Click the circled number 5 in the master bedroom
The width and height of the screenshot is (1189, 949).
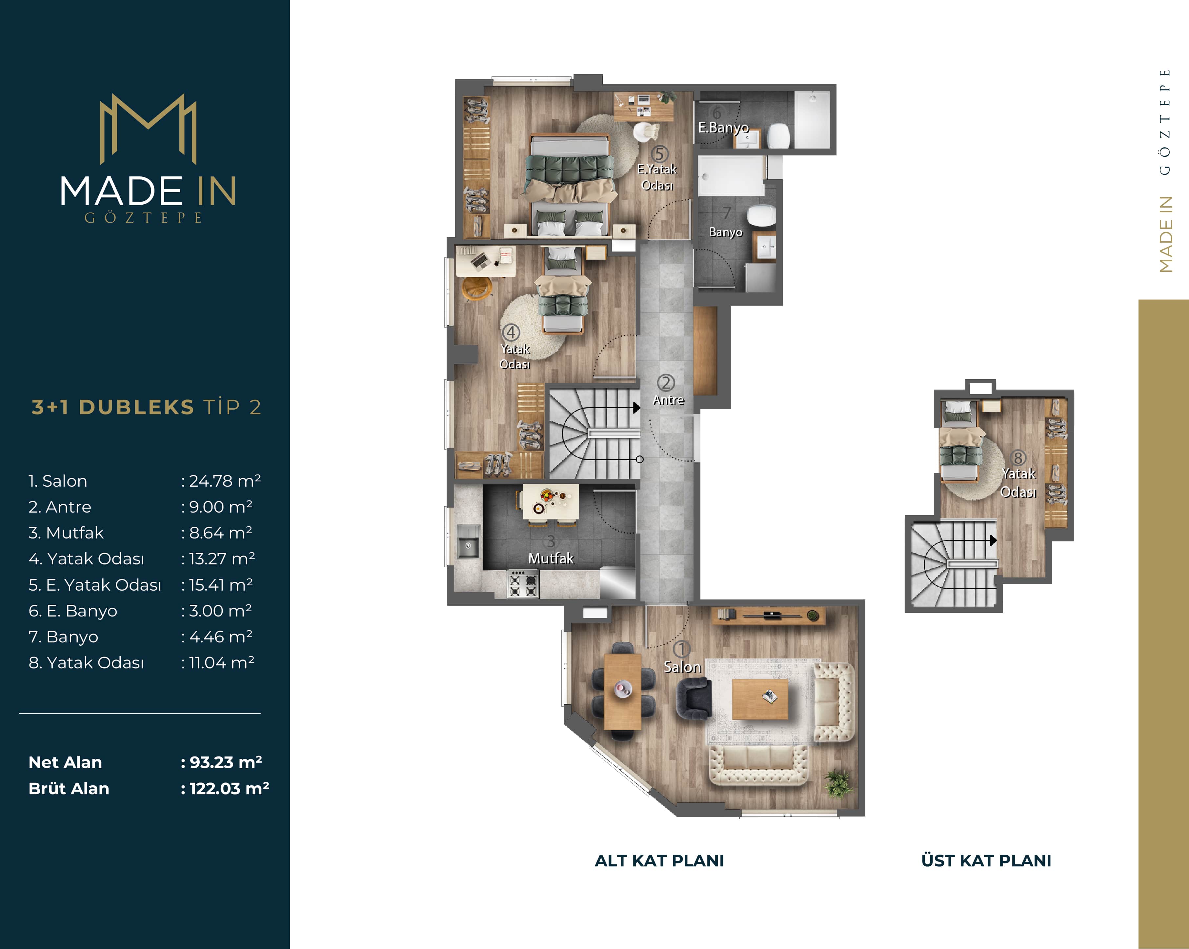click(659, 154)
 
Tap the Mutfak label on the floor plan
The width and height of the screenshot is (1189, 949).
click(551, 558)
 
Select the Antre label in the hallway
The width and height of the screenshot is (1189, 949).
click(668, 400)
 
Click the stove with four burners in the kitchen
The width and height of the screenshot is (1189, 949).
click(523, 584)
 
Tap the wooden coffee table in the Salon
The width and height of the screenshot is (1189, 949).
click(760, 699)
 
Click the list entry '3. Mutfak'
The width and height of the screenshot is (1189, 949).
click(66, 533)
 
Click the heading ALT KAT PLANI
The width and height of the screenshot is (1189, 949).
click(659, 861)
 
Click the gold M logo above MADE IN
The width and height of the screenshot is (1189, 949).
click(148, 129)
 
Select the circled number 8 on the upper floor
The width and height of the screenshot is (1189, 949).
click(1018, 458)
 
